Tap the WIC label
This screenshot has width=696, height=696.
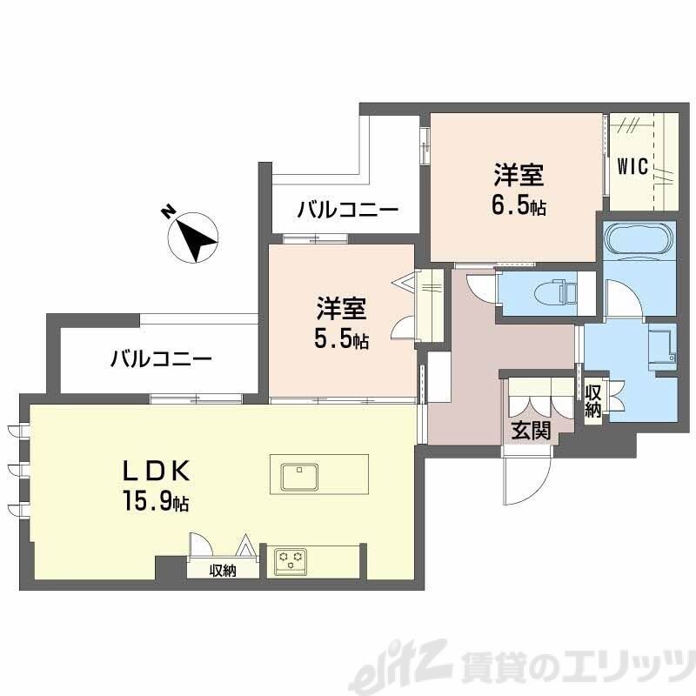632,166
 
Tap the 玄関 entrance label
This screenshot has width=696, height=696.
529,429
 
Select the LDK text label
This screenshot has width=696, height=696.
155,471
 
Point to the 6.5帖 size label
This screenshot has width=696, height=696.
519,208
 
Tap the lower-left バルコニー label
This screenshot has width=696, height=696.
160,358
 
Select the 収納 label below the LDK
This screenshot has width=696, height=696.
224,571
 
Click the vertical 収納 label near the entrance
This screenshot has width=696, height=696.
593,401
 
